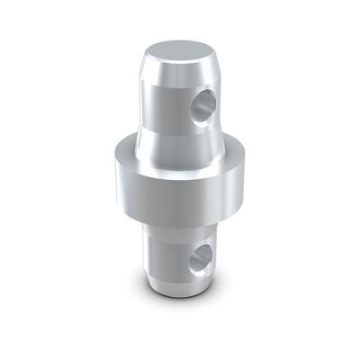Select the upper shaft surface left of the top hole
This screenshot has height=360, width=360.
click(162, 99)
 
